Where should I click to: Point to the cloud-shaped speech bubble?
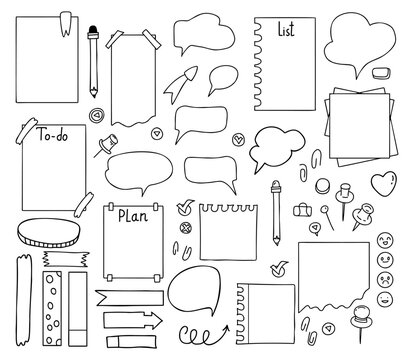pos(272,147)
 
